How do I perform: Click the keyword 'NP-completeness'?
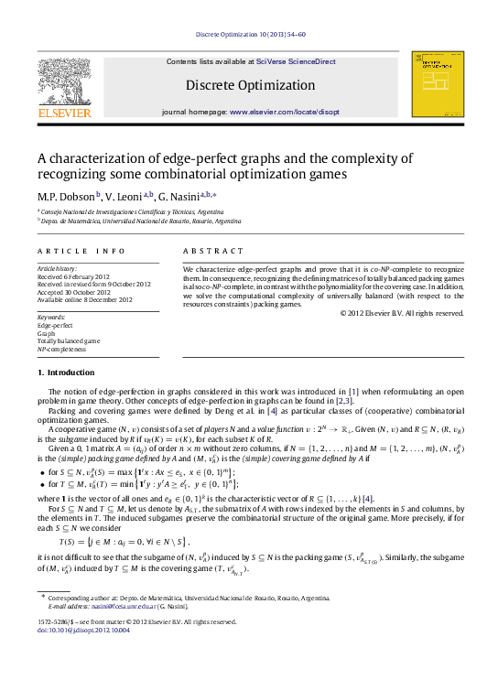click(62, 349)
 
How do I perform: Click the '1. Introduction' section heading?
click(66, 373)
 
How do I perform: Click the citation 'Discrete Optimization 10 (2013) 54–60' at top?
click(248, 37)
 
